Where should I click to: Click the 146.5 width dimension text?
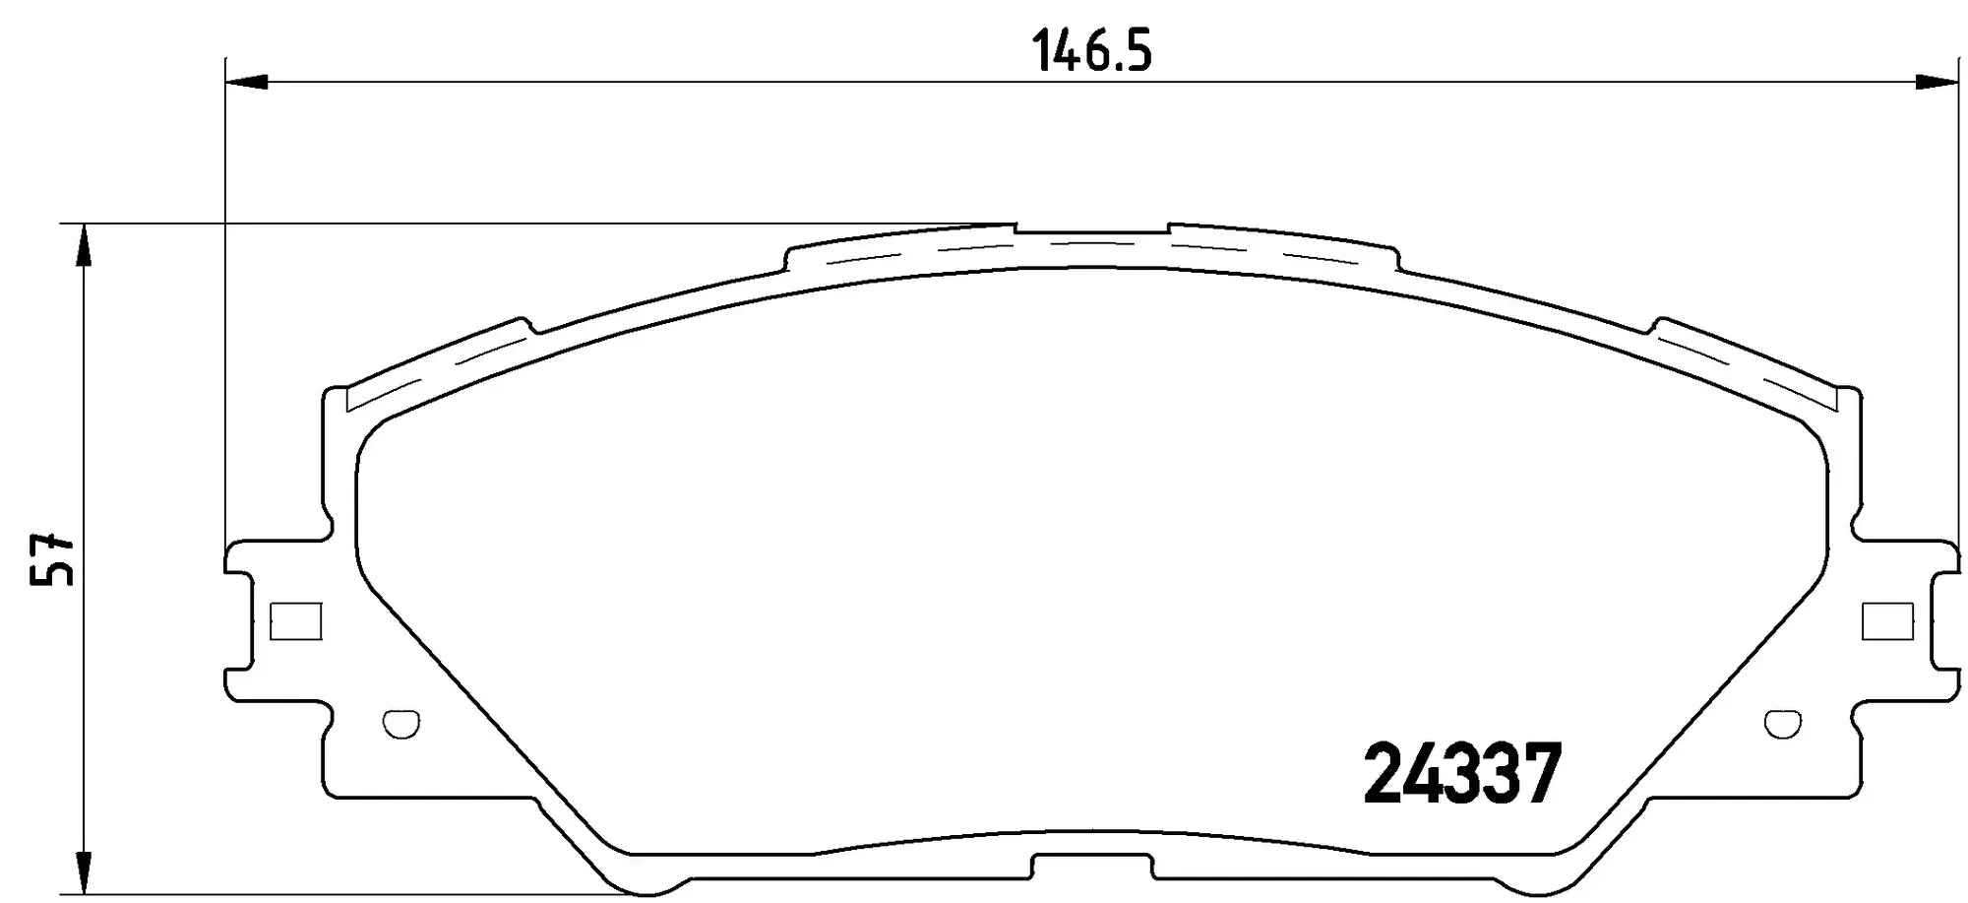[x=1091, y=50]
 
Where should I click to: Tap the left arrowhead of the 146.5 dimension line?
[x=246, y=82]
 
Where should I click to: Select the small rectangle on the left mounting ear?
[x=295, y=620]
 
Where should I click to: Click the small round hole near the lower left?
[x=400, y=724]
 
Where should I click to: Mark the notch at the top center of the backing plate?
[x=1091, y=232]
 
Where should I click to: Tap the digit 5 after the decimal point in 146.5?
[x=1136, y=50]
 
